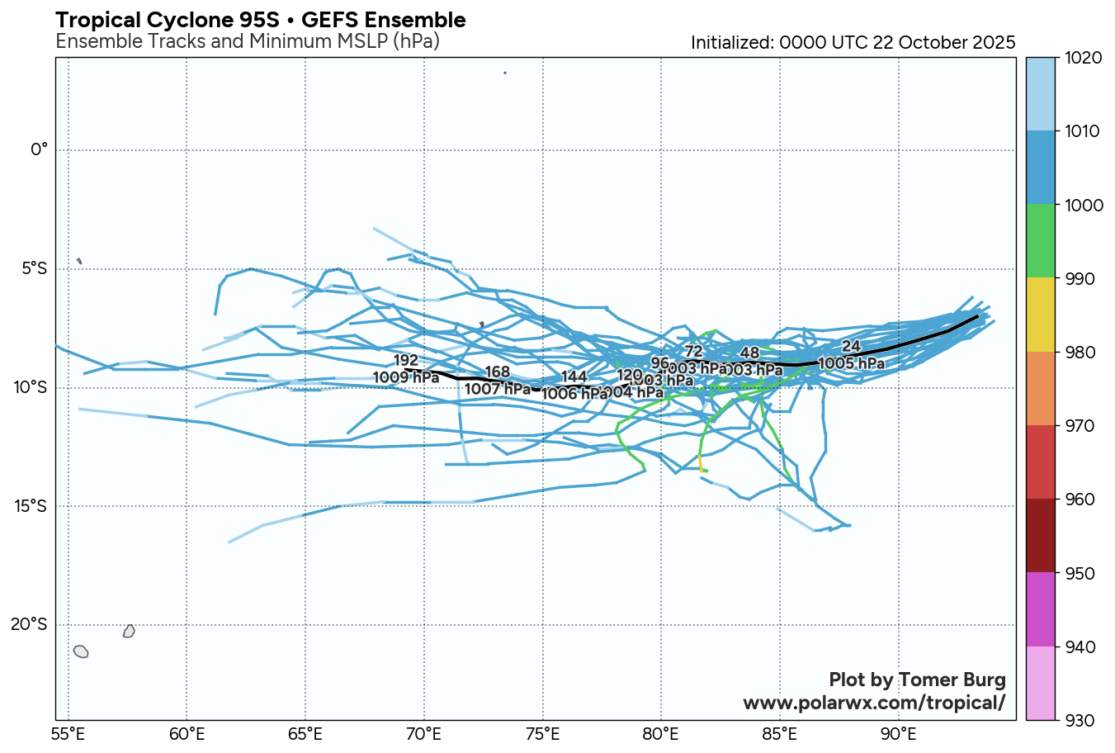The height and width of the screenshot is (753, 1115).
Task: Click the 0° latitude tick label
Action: (40, 150)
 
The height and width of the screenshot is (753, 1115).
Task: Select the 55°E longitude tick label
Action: (69, 734)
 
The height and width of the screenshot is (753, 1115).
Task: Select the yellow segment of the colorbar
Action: (1039, 315)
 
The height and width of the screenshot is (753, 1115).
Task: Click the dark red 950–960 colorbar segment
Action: (1039, 536)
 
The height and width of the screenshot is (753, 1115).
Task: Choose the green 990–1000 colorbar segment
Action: (1039, 241)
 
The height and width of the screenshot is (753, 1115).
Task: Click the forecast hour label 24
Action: (851, 347)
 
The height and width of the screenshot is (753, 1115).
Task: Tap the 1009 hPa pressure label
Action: (406, 377)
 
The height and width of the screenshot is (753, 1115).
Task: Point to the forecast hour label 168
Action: (498, 372)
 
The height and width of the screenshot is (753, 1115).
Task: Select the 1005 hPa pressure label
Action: (851, 363)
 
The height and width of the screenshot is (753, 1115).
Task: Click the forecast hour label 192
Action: (406, 361)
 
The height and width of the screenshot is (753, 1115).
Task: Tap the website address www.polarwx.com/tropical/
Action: (874, 703)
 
